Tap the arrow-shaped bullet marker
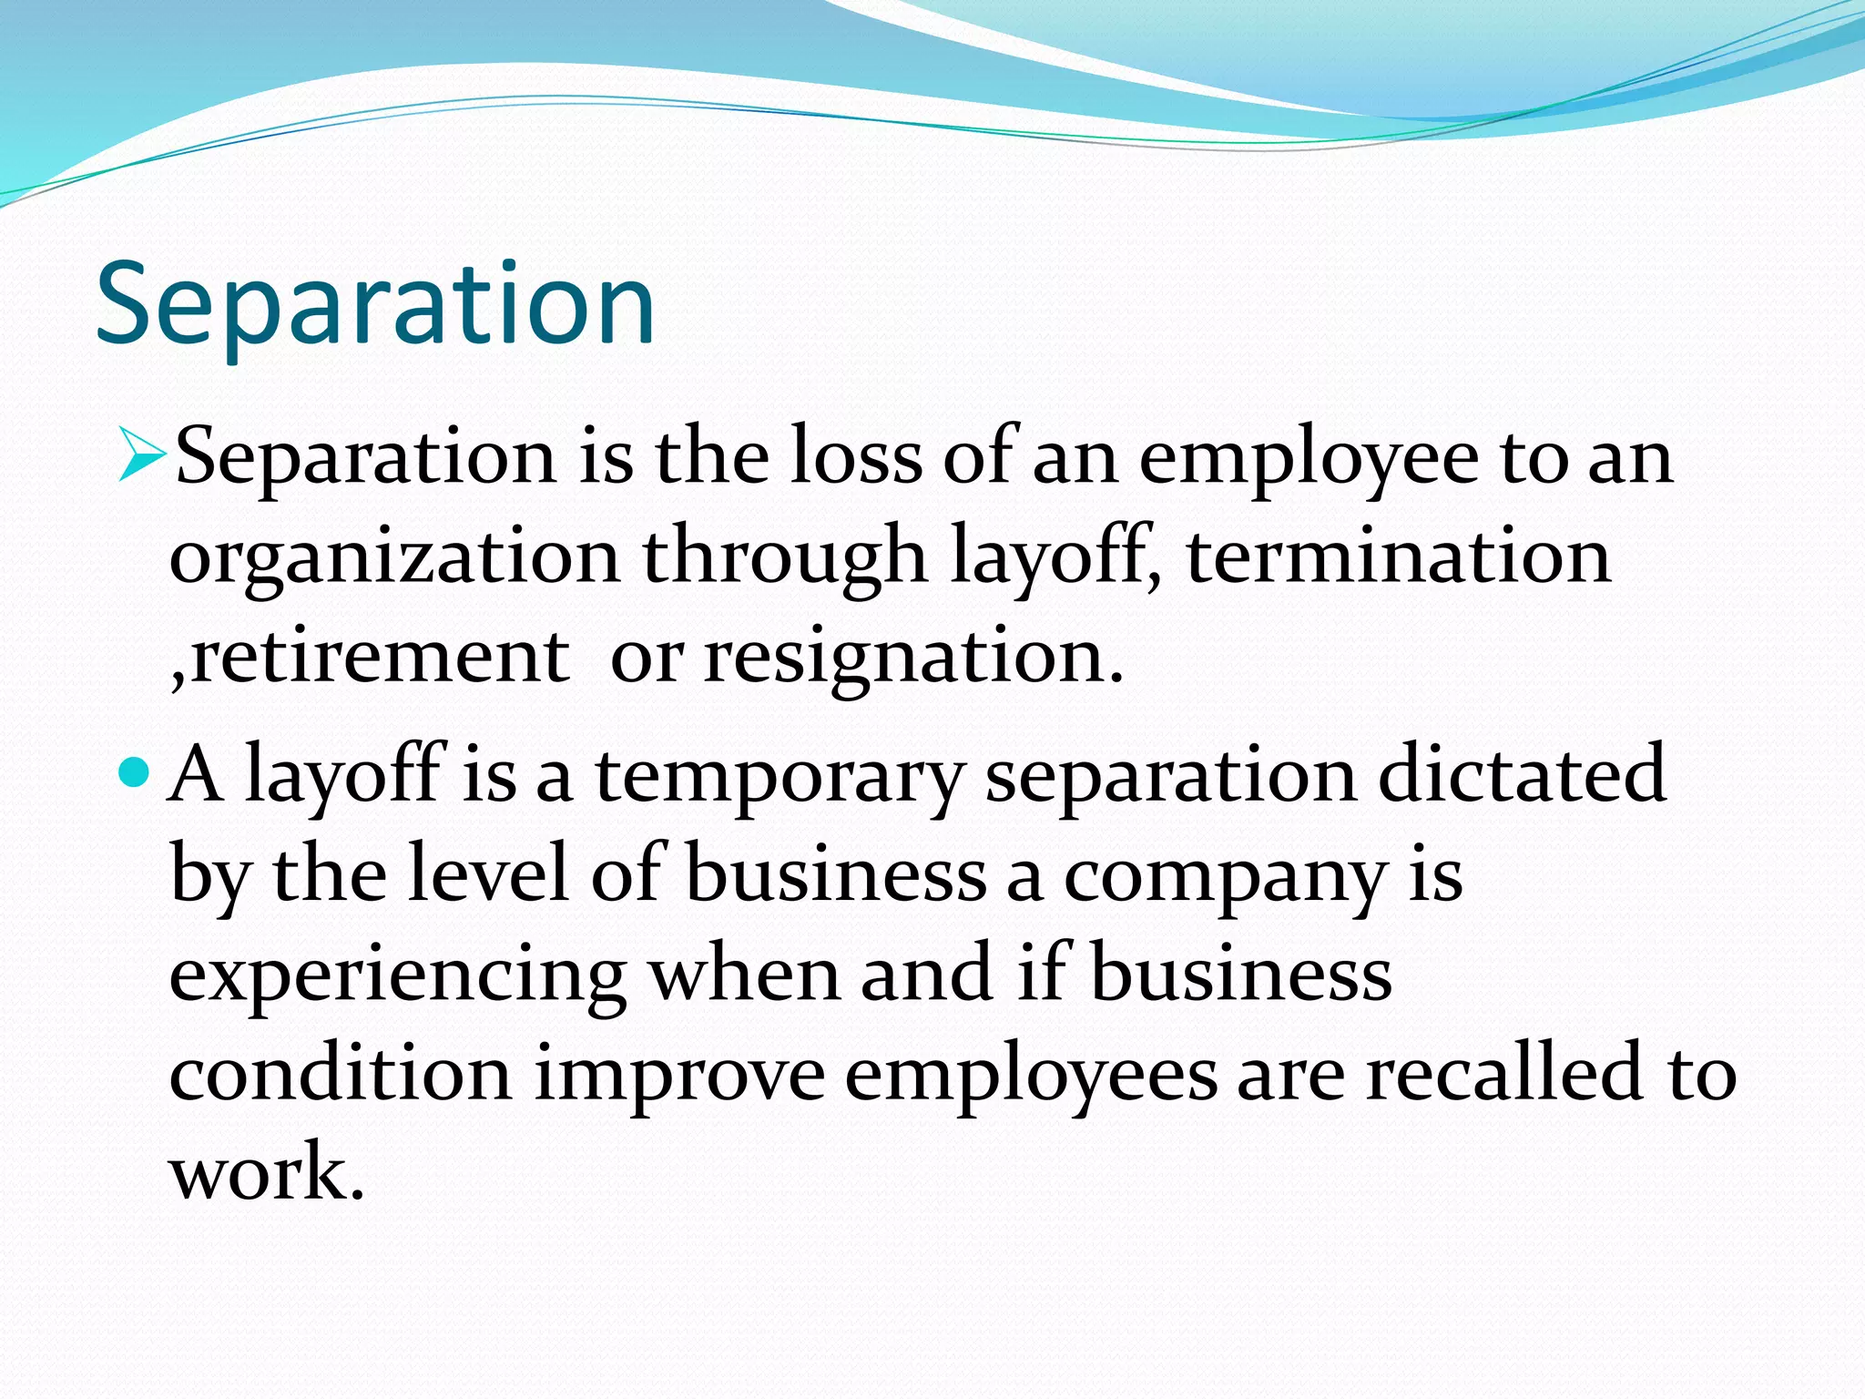(x=141, y=456)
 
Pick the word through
(x=785, y=557)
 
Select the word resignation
(x=913, y=658)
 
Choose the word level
(x=488, y=873)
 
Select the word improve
(x=679, y=1076)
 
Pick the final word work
(x=266, y=1173)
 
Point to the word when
(x=744, y=974)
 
